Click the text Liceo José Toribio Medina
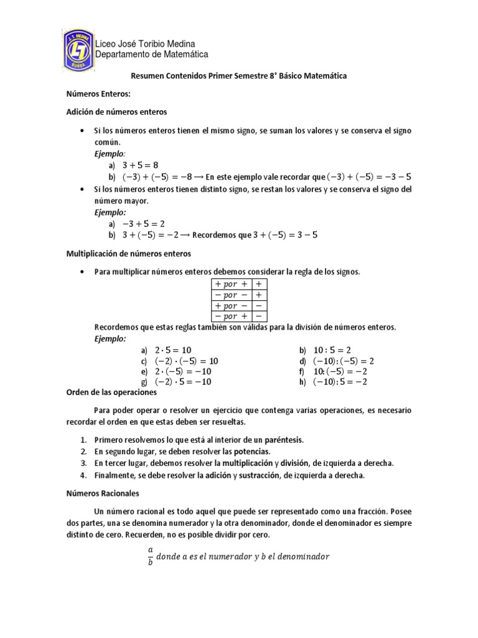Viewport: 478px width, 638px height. tap(144, 44)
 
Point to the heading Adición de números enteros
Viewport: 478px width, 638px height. tap(116, 112)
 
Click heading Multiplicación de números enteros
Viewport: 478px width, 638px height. tap(128, 254)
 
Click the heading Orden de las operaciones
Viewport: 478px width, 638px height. tap(111, 393)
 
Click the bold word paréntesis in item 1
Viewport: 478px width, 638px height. tap(280, 440)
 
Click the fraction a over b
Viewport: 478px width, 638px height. tap(150, 556)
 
